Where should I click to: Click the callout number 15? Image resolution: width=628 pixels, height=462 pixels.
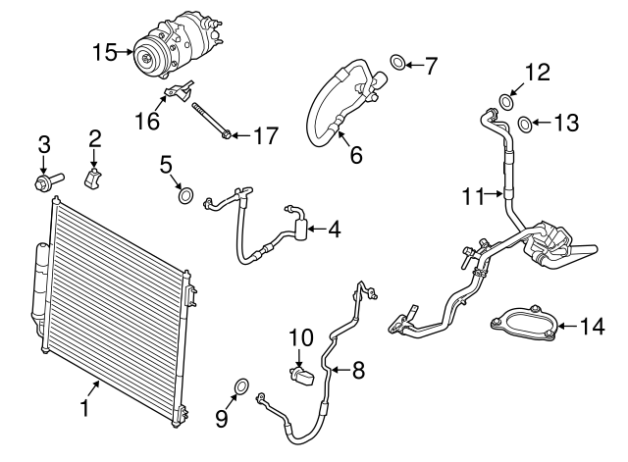click(104, 52)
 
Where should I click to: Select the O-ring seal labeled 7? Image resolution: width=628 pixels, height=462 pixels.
click(396, 66)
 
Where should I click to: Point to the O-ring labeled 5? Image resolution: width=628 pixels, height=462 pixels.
click(185, 195)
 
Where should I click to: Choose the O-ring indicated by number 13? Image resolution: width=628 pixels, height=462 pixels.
click(525, 123)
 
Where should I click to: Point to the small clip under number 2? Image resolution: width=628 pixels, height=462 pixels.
click(95, 180)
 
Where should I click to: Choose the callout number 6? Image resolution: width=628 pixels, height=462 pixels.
click(355, 154)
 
